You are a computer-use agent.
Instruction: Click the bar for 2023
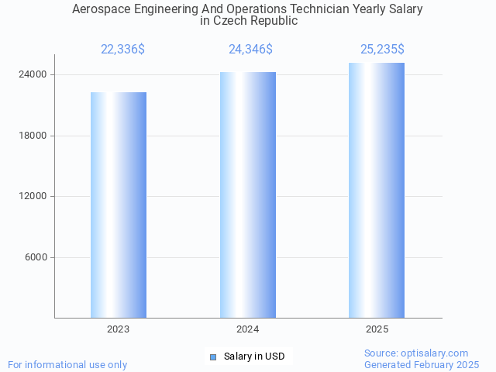(x=119, y=205)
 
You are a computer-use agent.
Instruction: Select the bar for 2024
(x=248, y=195)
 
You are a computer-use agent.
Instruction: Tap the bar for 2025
(x=377, y=191)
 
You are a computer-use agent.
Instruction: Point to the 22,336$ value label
(x=122, y=50)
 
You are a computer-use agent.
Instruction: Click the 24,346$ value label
(x=250, y=50)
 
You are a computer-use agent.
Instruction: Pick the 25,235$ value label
(x=382, y=50)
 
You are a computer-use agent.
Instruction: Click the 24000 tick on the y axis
(x=33, y=75)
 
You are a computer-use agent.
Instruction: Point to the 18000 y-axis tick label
(x=33, y=136)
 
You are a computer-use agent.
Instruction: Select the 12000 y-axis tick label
(x=33, y=197)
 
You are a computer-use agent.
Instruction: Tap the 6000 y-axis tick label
(x=35, y=257)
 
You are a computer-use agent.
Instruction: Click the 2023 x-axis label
(x=119, y=329)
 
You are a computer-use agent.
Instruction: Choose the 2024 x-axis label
(x=248, y=329)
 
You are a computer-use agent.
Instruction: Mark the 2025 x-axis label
(x=377, y=329)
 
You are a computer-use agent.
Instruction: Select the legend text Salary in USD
(x=254, y=356)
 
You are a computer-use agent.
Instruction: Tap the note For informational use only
(x=67, y=364)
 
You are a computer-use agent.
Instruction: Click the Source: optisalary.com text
(x=416, y=353)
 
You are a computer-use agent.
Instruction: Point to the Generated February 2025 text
(x=422, y=364)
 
